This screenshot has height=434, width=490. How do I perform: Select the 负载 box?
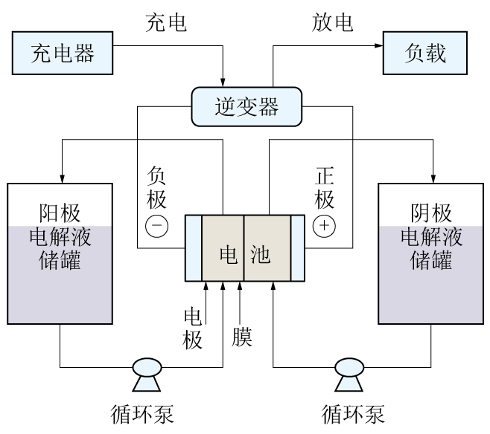pos(425,54)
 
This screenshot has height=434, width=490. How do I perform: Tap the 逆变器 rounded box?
pos(246,107)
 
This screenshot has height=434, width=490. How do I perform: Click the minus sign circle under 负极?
pos(157,226)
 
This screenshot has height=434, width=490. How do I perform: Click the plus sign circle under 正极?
pos(325,226)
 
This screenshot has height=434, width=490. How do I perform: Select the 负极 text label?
pos(157,187)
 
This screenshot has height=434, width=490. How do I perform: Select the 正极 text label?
pos(325,187)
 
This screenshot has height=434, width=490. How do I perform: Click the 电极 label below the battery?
pos(194,328)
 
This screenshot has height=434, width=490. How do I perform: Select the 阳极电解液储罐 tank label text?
pos(59,237)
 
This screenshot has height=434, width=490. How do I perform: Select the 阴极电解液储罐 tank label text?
pos(431,237)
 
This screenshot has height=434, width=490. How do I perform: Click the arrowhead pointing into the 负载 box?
pos(378,45)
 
